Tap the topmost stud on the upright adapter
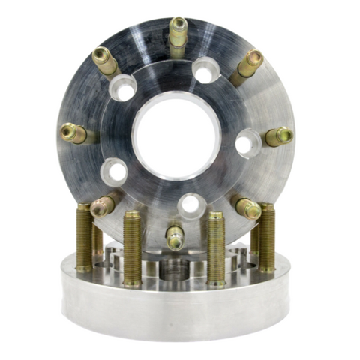pyautogui.click(x=178, y=34)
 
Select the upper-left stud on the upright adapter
pyautogui.click(x=105, y=61)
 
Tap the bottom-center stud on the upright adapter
pyautogui.click(x=175, y=237)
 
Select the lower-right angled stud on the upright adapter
pyautogui.click(x=247, y=208)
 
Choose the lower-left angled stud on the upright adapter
pyautogui.click(x=103, y=205)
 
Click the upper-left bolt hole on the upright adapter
pyautogui.click(x=122, y=88)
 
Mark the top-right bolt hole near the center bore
pyautogui.click(x=205, y=70)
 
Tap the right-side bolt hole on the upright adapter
pyautogui.click(x=248, y=142)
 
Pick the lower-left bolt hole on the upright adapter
pyautogui.click(x=114, y=172)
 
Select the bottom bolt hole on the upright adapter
pyautogui.click(x=190, y=203)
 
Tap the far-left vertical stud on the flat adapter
pyautogui.click(x=84, y=237)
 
